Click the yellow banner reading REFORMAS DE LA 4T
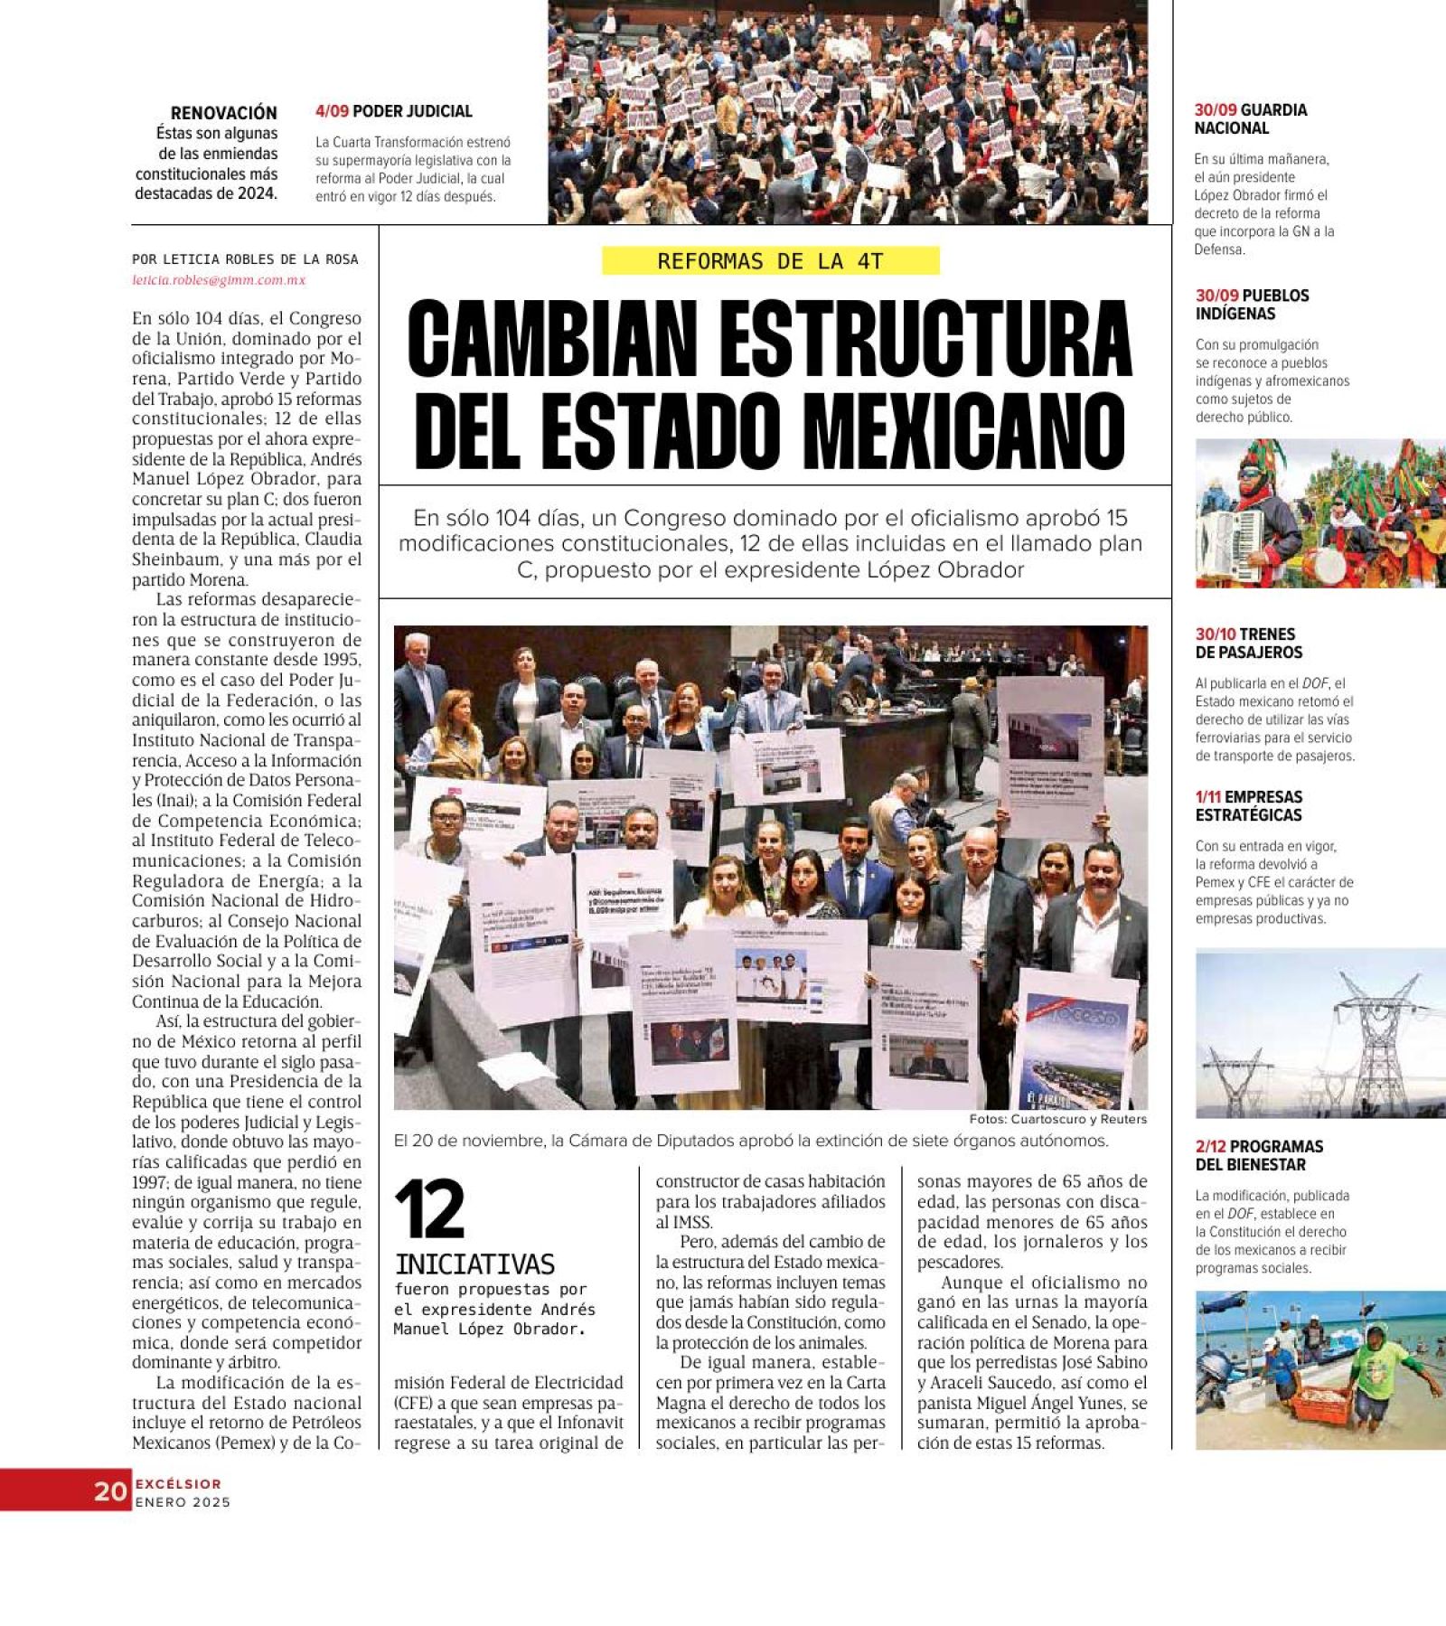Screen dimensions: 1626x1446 tap(771, 261)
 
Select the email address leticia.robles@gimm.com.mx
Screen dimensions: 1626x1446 tap(219, 280)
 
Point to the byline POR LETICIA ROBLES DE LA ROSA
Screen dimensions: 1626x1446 tap(245, 259)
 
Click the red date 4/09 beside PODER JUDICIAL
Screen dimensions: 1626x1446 tap(332, 111)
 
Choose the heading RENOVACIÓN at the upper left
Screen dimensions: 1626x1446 tap(223, 113)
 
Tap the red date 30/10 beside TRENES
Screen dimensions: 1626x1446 tap(1216, 634)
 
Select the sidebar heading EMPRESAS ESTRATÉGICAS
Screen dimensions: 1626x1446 tap(1251, 806)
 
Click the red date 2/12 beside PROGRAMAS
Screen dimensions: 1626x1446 tap(1211, 1146)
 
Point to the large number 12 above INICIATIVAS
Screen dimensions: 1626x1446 tap(430, 1210)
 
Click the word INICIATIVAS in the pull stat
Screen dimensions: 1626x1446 tap(474, 1264)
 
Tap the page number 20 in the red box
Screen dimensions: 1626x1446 tap(109, 1491)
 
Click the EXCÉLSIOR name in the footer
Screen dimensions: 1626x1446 tap(178, 1483)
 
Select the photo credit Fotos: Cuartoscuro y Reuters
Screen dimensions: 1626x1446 tap(1057, 1119)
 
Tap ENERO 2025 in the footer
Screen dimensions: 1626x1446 tap(183, 1502)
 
